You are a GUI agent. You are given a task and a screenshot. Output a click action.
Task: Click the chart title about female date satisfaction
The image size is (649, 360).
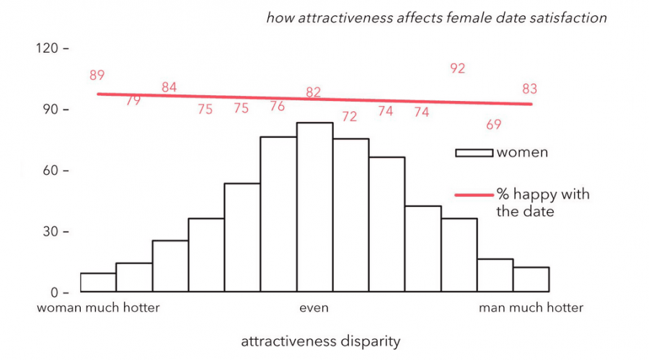[x=436, y=17]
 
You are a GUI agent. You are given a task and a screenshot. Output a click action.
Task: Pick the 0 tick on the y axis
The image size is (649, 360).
[x=55, y=293]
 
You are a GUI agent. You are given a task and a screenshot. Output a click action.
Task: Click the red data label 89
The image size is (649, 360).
[x=97, y=75]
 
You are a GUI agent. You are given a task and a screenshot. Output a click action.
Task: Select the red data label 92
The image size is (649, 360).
[x=457, y=69]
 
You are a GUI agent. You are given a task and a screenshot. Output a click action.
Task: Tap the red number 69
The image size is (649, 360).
[x=493, y=125]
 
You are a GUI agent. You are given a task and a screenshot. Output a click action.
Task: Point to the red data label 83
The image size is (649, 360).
[x=530, y=89]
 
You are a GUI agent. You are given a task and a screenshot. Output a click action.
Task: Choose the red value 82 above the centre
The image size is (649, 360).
[x=313, y=92]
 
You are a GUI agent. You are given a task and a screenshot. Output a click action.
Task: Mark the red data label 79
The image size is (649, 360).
[x=133, y=101]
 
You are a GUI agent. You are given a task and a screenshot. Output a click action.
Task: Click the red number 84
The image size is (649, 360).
[x=169, y=87]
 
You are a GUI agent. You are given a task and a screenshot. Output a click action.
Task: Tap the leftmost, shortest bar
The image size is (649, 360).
[x=98, y=283]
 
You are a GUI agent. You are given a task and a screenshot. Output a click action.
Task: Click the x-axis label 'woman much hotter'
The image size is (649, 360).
[x=98, y=308]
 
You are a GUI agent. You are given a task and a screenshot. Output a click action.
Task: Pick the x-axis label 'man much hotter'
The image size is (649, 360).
[x=531, y=308]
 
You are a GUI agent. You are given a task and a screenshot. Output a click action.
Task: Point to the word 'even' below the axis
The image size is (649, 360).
[x=314, y=308]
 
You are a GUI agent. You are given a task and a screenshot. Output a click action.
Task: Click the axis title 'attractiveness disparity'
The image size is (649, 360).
[x=320, y=340]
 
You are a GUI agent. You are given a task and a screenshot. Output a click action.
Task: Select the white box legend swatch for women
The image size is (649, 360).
[x=473, y=152]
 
